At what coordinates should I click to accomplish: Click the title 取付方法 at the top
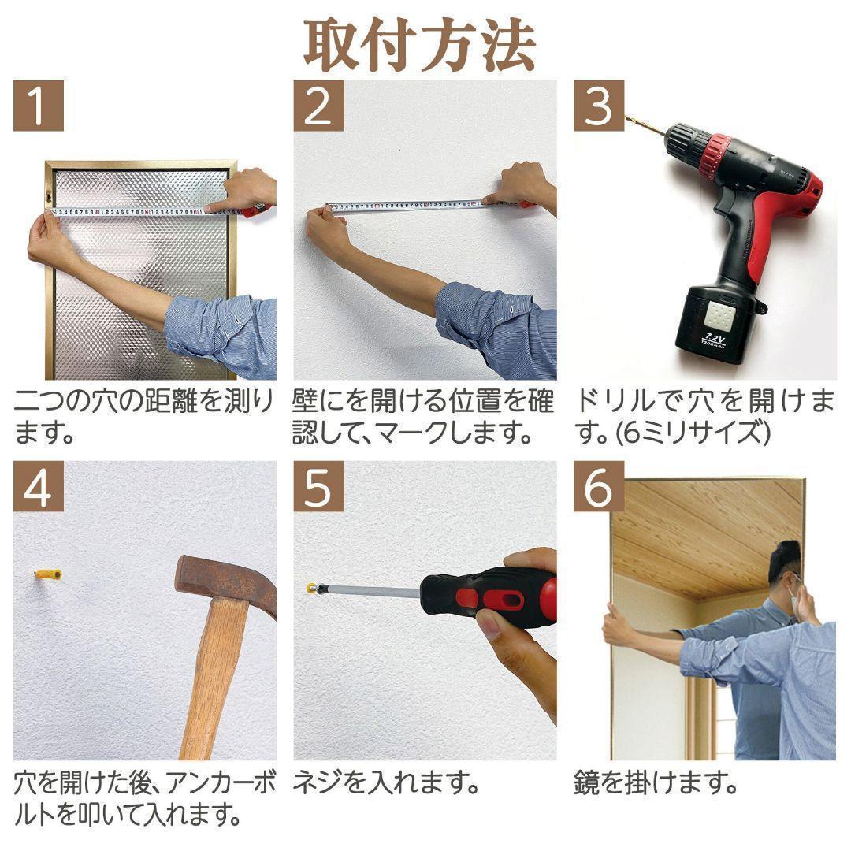coord(420,45)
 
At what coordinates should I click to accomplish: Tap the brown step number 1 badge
coord(38,106)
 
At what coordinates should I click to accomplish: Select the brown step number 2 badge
coord(318,106)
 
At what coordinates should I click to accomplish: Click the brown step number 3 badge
coord(599,106)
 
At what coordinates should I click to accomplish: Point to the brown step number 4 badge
coord(38,487)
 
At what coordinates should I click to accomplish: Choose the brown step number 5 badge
coord(318,487)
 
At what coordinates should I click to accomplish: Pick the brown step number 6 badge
coord(599,487)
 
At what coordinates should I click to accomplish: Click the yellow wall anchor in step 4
coord(48,574)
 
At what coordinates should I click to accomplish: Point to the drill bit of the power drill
coord(645,125)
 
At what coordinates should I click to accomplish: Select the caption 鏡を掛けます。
coord(656,784)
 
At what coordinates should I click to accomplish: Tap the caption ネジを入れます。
coord(386,784)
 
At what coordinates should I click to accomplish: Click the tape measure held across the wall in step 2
coord(410,207)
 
